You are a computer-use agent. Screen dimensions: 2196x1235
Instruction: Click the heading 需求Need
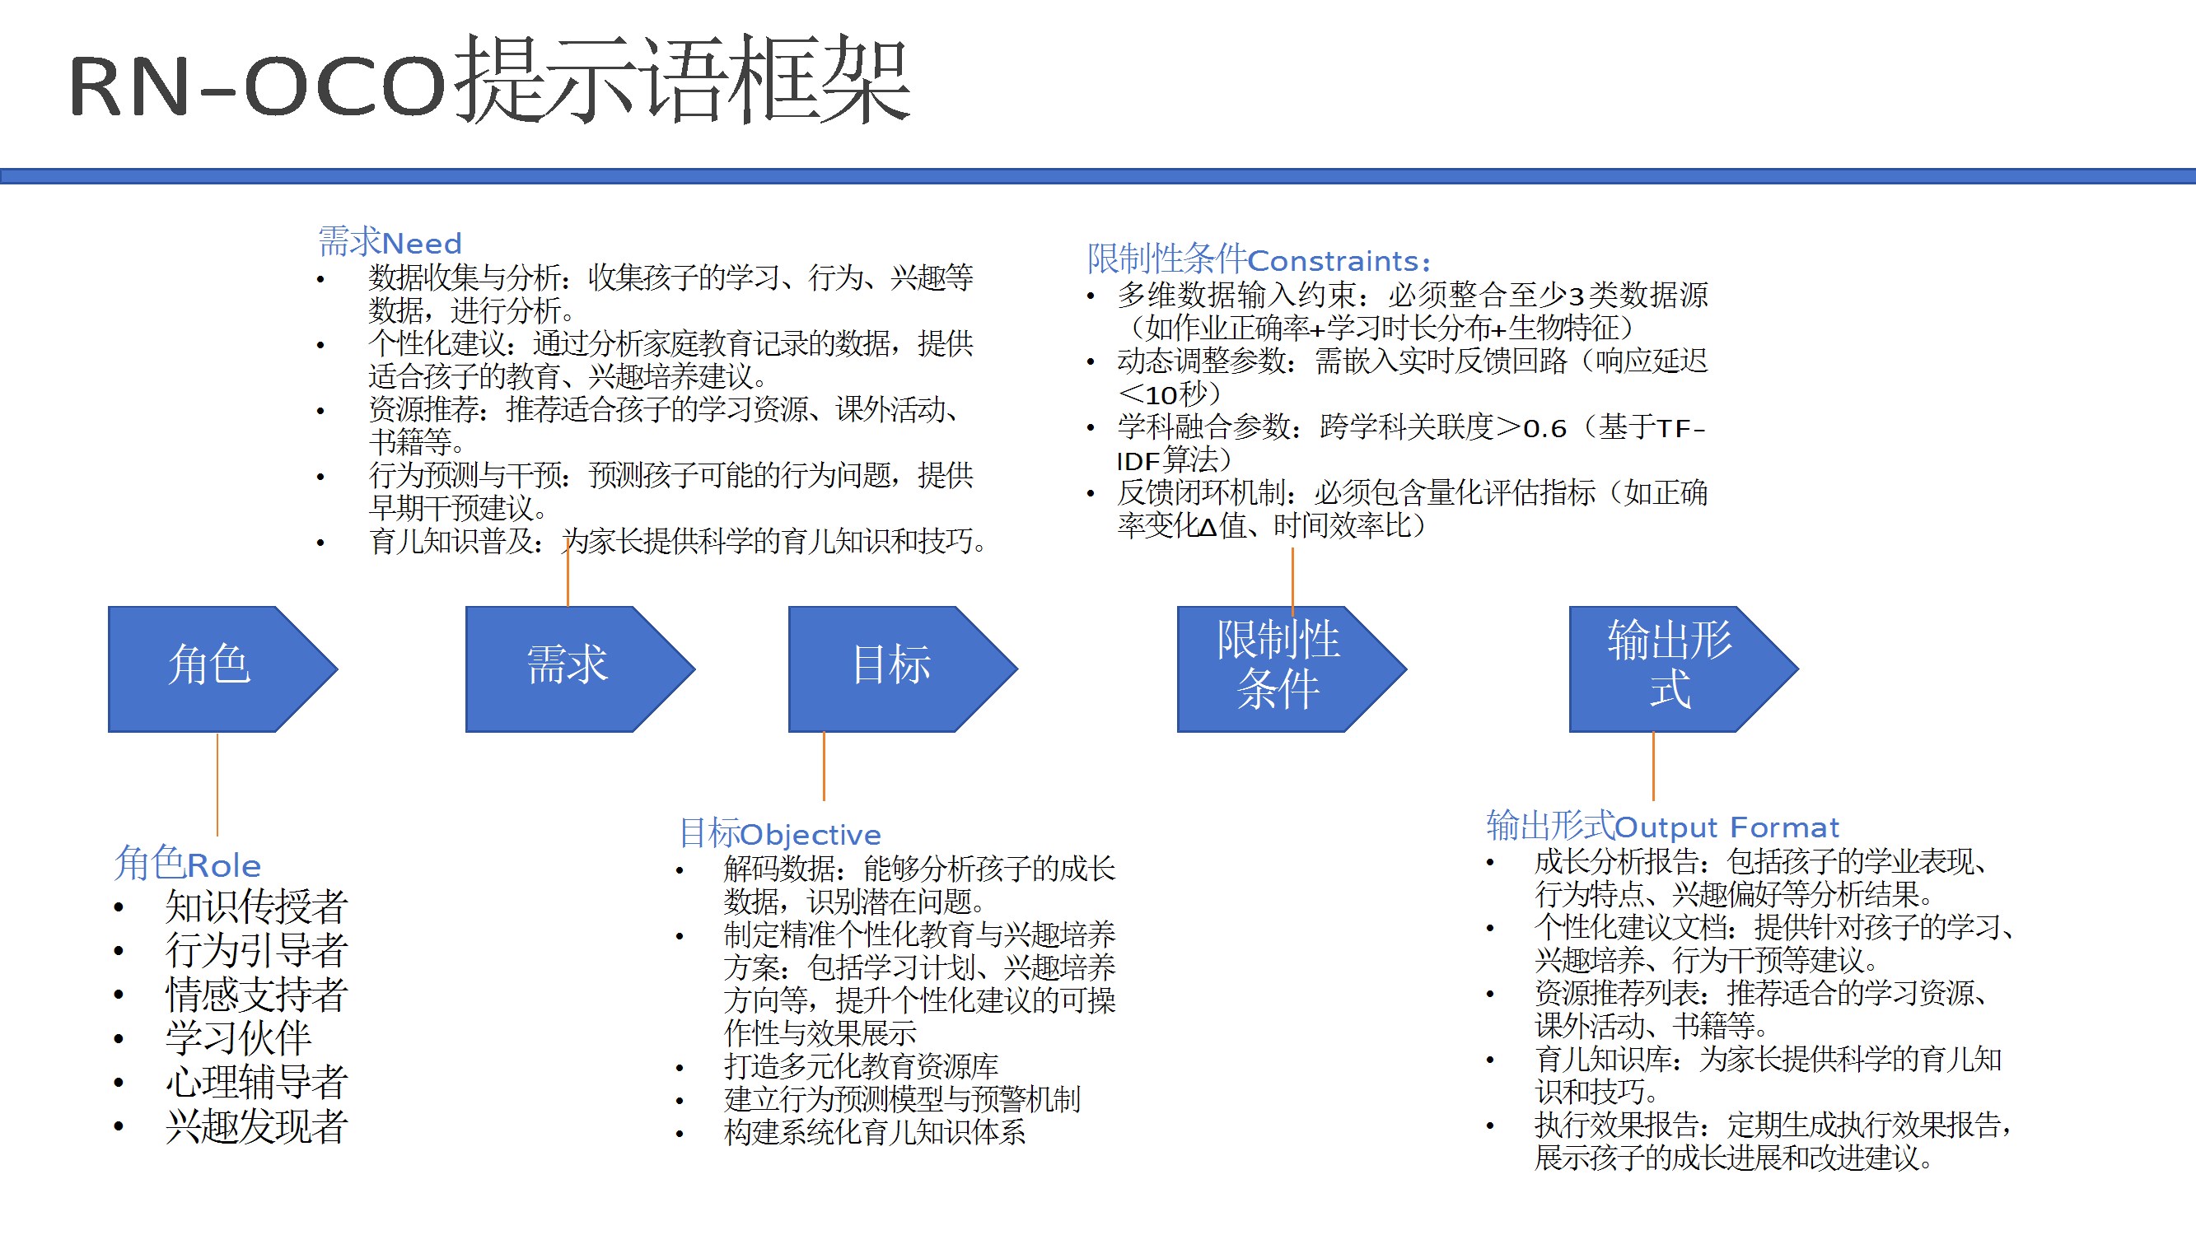pyautogui.click(x=390, y=243)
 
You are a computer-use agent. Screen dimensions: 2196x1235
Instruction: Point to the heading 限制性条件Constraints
pyautogui.click(x=1259, y=259)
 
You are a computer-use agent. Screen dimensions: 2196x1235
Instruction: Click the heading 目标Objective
pyautogui.click(x=780, y=833)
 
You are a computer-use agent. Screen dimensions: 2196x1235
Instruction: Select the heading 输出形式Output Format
pyautogui.click(x=1662, y=827)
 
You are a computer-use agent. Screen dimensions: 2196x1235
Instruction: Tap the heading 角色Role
pyautogui.click(x=189, y=864)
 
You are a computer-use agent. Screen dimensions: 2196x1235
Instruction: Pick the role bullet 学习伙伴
pyautogui.click(x=239, y=1038)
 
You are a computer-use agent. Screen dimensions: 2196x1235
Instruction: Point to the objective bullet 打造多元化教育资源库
pyautogui.click(x=861, y=1066)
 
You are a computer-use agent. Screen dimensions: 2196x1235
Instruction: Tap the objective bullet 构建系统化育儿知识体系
pyautogui.click(x=875, y=1133)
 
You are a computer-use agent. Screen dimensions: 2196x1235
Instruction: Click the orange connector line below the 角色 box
pyautogui.click(x=217, y=784)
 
